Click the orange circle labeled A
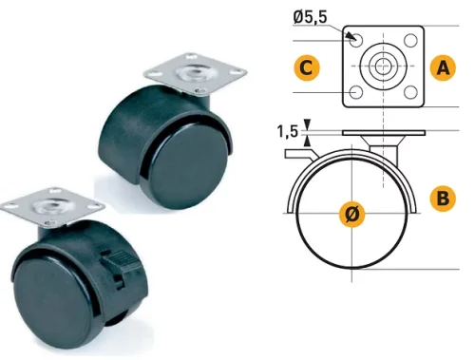tap(443, 67)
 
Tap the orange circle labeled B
tap(443, 199)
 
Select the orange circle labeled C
tap(306, 67)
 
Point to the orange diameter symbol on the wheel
tap(351, 214)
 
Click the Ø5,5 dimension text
tap(310, 17)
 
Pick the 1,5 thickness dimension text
tap(288, 132)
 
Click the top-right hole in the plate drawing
tap(411, 41)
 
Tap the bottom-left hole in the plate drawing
tap(356, 92)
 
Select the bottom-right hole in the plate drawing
tap(411, 92)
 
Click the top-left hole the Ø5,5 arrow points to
tap(356, 41)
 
